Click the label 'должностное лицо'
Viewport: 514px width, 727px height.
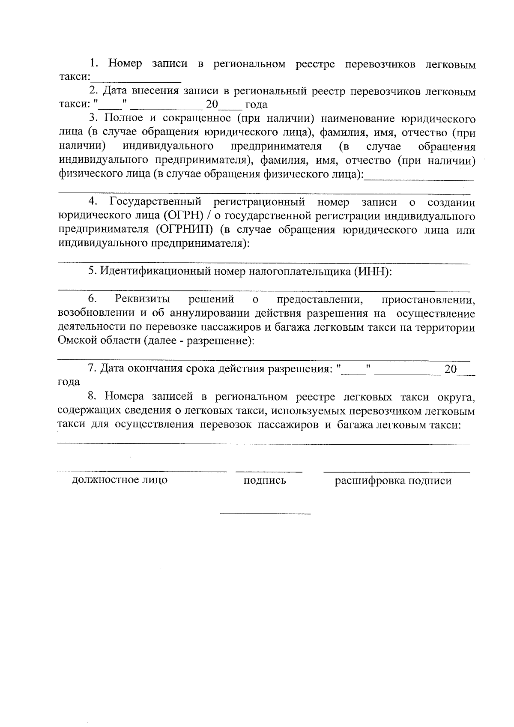120,480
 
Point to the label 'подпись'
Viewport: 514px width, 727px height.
265,481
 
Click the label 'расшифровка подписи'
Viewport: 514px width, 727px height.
393,481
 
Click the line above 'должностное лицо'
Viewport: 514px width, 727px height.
142,471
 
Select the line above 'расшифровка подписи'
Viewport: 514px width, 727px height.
396,472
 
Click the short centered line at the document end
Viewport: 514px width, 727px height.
265,513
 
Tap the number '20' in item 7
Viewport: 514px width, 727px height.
451,369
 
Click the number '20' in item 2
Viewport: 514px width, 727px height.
212,105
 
